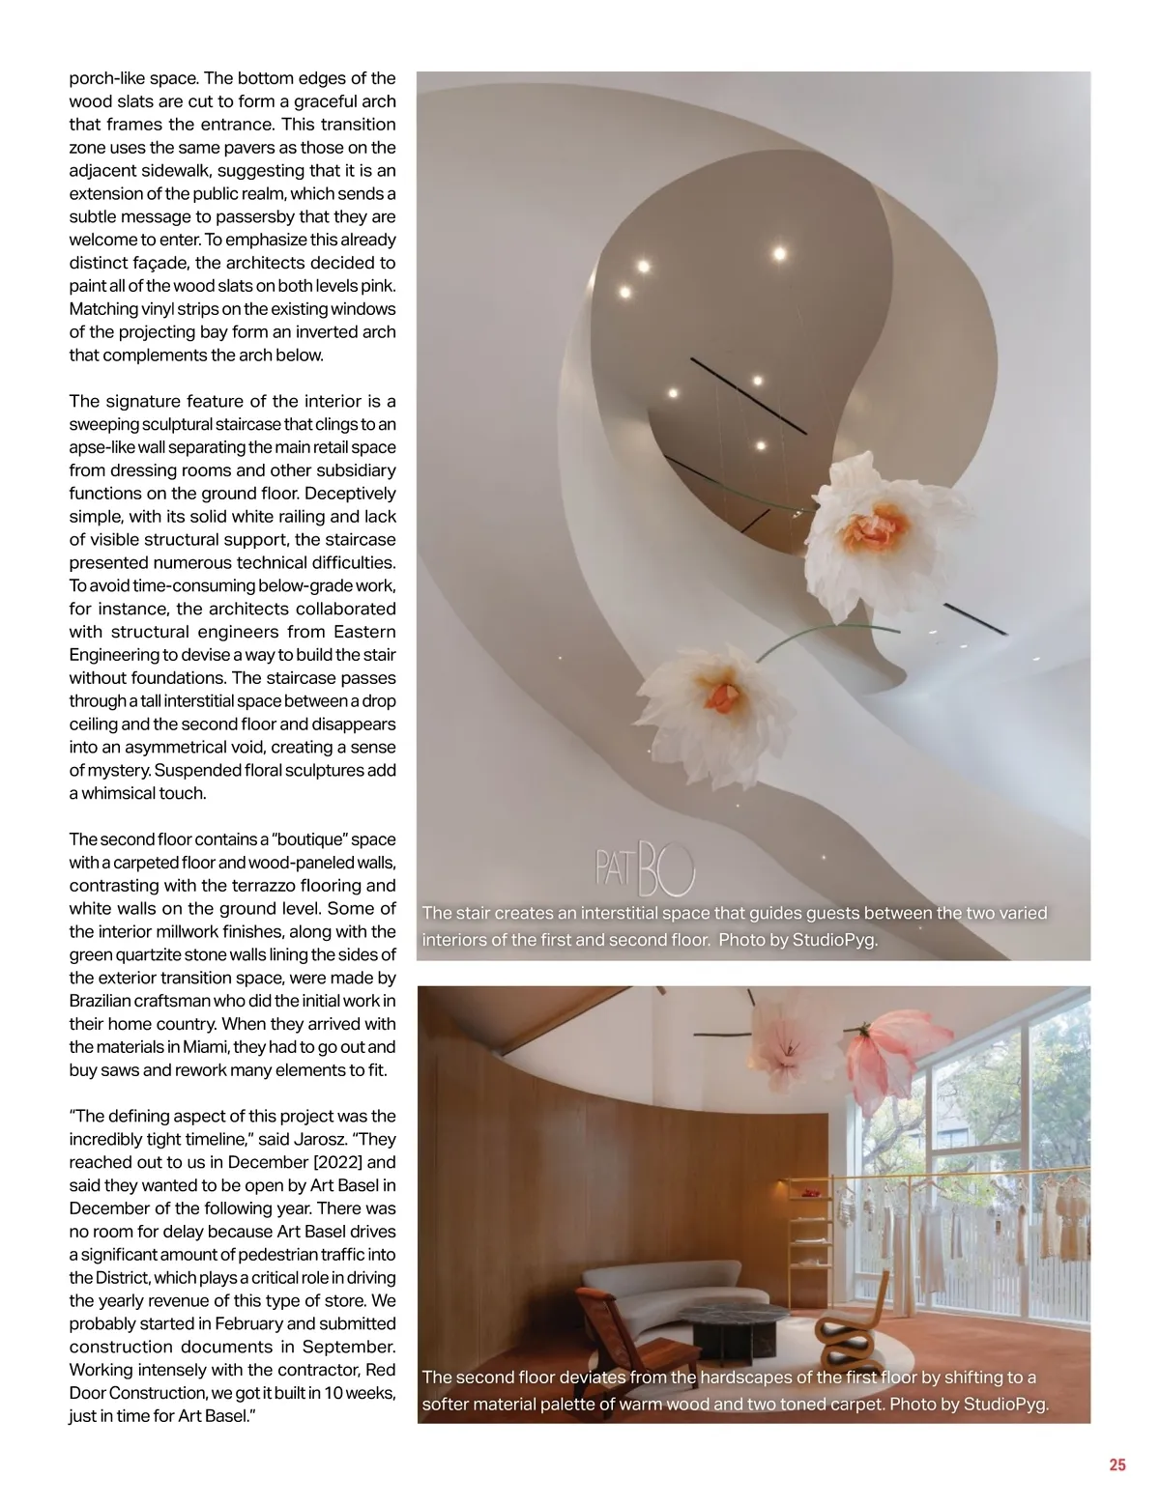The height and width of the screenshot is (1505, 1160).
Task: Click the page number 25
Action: [x=1116, y=1464]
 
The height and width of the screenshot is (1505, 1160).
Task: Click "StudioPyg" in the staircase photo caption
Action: [x=837, y=939]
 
